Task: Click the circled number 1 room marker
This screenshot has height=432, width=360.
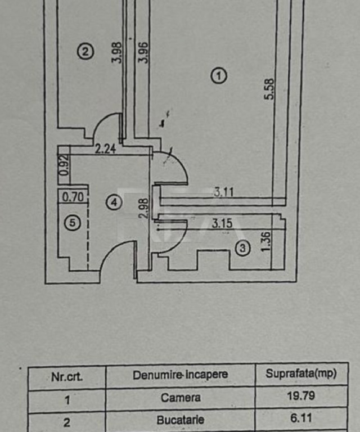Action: point(219,76)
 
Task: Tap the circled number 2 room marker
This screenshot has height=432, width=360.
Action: point(85,52)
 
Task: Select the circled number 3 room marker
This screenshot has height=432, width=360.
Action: point(242,248)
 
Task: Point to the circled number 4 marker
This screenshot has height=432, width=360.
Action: point(114,202)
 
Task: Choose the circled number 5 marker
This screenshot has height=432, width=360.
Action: point(73,223)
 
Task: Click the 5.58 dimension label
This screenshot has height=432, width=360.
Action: point(269,89)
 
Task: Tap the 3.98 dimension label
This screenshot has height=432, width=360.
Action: point(116,52)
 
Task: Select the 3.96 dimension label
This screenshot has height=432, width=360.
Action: point(143,53)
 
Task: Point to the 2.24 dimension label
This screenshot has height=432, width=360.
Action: point(106,148)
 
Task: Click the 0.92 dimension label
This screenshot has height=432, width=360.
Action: point(64,165)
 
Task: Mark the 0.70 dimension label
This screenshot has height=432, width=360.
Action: point(73,197)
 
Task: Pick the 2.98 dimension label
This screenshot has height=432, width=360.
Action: point(144,208)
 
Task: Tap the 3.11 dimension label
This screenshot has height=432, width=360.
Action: point(223,192)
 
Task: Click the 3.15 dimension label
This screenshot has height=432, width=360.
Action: point(222,223)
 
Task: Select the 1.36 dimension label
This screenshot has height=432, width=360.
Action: point(265,242)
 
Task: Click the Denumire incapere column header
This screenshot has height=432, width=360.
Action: point(181,375)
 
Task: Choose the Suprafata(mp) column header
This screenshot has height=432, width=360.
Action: point(301,373)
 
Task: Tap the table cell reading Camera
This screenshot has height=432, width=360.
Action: point(181,398)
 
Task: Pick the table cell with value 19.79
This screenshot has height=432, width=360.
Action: point(301,396)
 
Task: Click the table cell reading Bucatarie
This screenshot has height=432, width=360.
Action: point(181,420)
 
